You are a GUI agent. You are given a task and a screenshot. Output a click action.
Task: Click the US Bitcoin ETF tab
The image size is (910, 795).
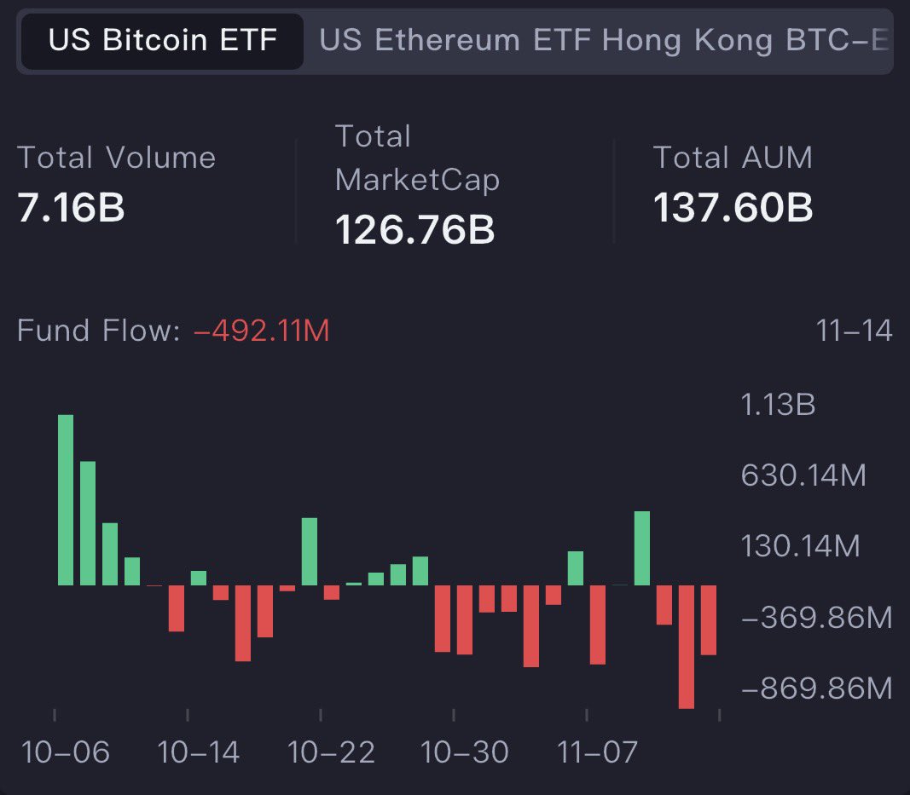(162, 41)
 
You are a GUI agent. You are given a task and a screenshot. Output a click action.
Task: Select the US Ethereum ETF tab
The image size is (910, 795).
(455, 41)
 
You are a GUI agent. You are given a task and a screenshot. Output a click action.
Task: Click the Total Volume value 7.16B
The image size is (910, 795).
(71, 209)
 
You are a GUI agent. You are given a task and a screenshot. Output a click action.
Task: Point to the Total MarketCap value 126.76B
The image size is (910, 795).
(414, 230)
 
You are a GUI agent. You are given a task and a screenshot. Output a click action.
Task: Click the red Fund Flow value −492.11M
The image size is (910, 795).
(262, 331)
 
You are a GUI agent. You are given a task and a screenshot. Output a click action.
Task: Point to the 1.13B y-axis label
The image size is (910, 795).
(778, 405)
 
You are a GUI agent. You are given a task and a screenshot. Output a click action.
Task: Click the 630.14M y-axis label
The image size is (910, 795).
(803, 475)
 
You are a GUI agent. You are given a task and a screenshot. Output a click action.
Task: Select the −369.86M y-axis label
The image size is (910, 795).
(816, 617)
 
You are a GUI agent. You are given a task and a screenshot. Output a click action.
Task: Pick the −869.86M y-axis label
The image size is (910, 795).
(816, 688)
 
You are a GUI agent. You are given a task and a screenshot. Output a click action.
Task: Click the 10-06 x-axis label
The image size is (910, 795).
(66, 752)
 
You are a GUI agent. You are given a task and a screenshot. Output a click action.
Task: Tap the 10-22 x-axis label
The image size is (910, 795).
(332, 752)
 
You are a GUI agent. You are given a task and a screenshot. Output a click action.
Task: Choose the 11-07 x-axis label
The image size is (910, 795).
(597, 752)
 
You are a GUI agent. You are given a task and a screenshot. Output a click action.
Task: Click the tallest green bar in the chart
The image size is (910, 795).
(66, 499)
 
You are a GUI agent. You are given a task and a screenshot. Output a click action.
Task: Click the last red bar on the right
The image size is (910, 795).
(709, 619)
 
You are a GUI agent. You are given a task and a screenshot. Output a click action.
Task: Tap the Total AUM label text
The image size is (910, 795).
(733, 158)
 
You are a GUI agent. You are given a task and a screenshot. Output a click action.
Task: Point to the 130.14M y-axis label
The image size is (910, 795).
(800, 546)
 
